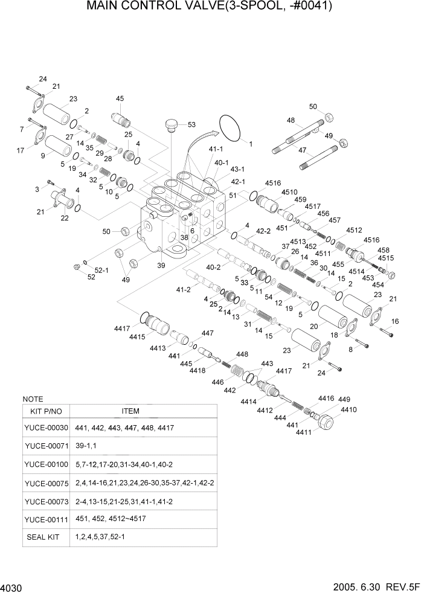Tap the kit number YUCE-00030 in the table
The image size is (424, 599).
(x=46, y=428)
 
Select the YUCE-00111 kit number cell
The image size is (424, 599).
(x=46, y=519)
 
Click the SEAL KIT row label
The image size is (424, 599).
(x=43, y=537)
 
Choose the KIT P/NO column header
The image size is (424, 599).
(x=45, y=411)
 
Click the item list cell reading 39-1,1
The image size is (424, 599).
(x=87, y=446)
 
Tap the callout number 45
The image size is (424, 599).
(x=120, y=98)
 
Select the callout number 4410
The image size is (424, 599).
(x=349, y=409)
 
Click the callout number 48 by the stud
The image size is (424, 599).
(x=291, y=120)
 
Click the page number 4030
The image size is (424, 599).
(x=12, y=588)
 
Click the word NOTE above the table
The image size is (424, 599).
(x=32, y=399)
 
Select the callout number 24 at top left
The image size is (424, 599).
(x=43, y=80)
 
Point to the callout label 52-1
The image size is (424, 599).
(x=102, y=270)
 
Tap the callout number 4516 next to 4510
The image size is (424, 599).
(x=273, y=183)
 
